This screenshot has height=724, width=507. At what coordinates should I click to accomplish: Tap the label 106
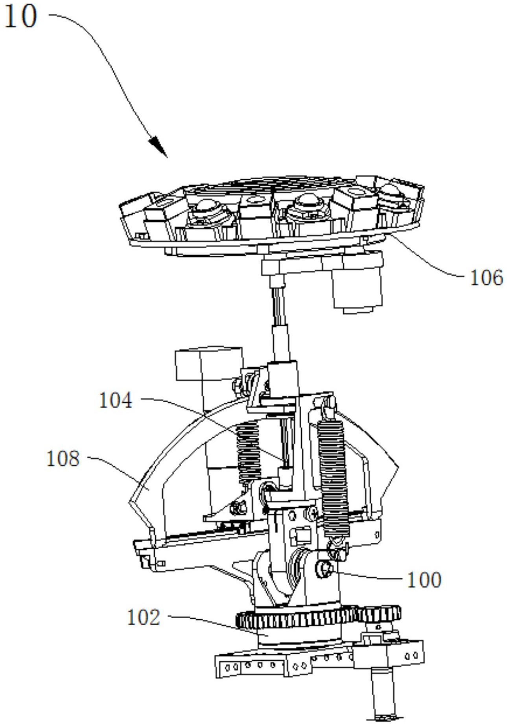487,278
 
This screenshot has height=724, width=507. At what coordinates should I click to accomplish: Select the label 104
116,401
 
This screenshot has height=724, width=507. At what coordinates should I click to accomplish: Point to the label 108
63,459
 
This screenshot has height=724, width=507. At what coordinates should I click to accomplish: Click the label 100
424,580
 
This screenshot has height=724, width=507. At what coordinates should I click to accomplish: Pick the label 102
144,617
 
